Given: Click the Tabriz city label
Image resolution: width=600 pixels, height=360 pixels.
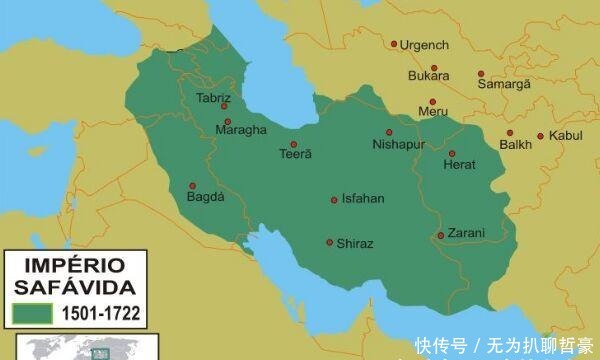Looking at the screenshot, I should (x=213, y=99).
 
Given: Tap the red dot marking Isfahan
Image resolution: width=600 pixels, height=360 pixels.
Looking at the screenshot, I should (x=334, y=199).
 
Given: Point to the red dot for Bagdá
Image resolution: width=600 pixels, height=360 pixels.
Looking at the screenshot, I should (x=192, y=185).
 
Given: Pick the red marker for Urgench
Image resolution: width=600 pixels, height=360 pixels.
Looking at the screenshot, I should (x=394, y=45).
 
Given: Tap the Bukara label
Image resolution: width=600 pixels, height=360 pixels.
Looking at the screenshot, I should (x=428, y=75).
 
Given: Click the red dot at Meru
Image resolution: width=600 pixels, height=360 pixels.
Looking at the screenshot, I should (x=432, y=101).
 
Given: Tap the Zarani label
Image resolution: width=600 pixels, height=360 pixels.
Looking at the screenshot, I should (x=465, y=233).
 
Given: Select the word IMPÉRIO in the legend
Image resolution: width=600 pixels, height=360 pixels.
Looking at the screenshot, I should (x=74, y=267).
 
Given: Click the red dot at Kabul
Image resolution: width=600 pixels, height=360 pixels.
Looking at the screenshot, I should (x=541, y=136).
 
